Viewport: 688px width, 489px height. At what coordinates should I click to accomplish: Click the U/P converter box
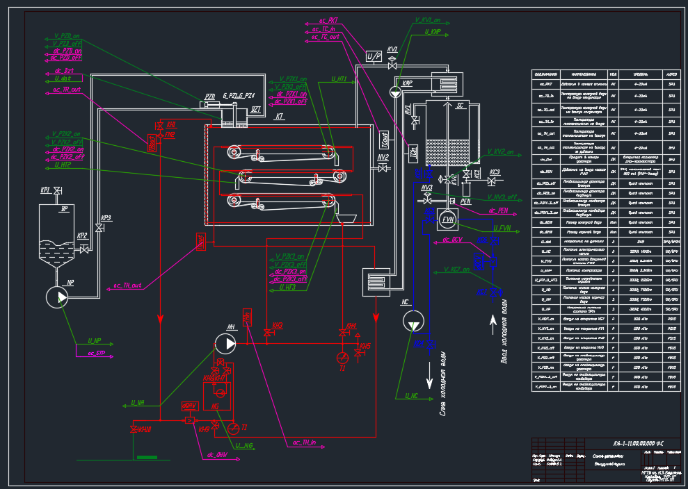point(374,55)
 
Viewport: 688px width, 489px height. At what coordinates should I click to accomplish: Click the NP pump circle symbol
point(58,297)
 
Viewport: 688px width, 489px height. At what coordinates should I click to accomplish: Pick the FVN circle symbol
point(447,220)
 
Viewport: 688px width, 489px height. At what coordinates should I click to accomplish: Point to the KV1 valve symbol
point(392,63)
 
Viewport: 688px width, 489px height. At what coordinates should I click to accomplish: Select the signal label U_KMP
point(425,32)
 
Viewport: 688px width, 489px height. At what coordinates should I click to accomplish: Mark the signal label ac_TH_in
point(305,442)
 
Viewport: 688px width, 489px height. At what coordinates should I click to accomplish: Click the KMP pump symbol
point(394,90)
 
